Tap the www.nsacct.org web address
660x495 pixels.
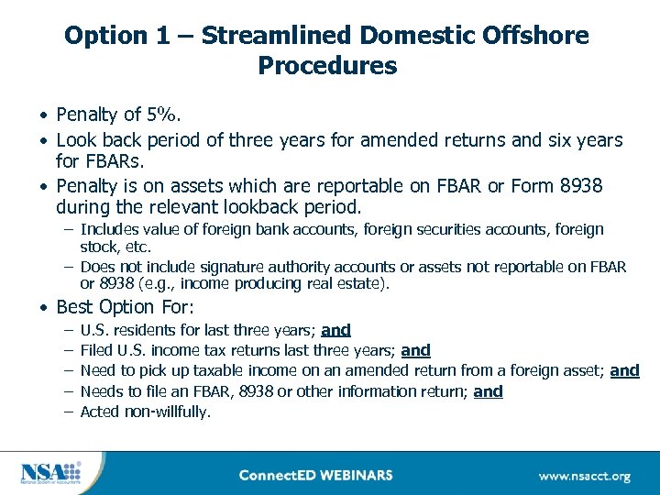pos(584,476)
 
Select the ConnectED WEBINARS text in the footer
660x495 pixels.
pos(315,475)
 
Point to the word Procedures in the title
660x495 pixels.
pos(327,67)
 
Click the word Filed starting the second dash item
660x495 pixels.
pos(97,350)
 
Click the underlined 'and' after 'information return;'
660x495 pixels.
pos(489,391)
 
